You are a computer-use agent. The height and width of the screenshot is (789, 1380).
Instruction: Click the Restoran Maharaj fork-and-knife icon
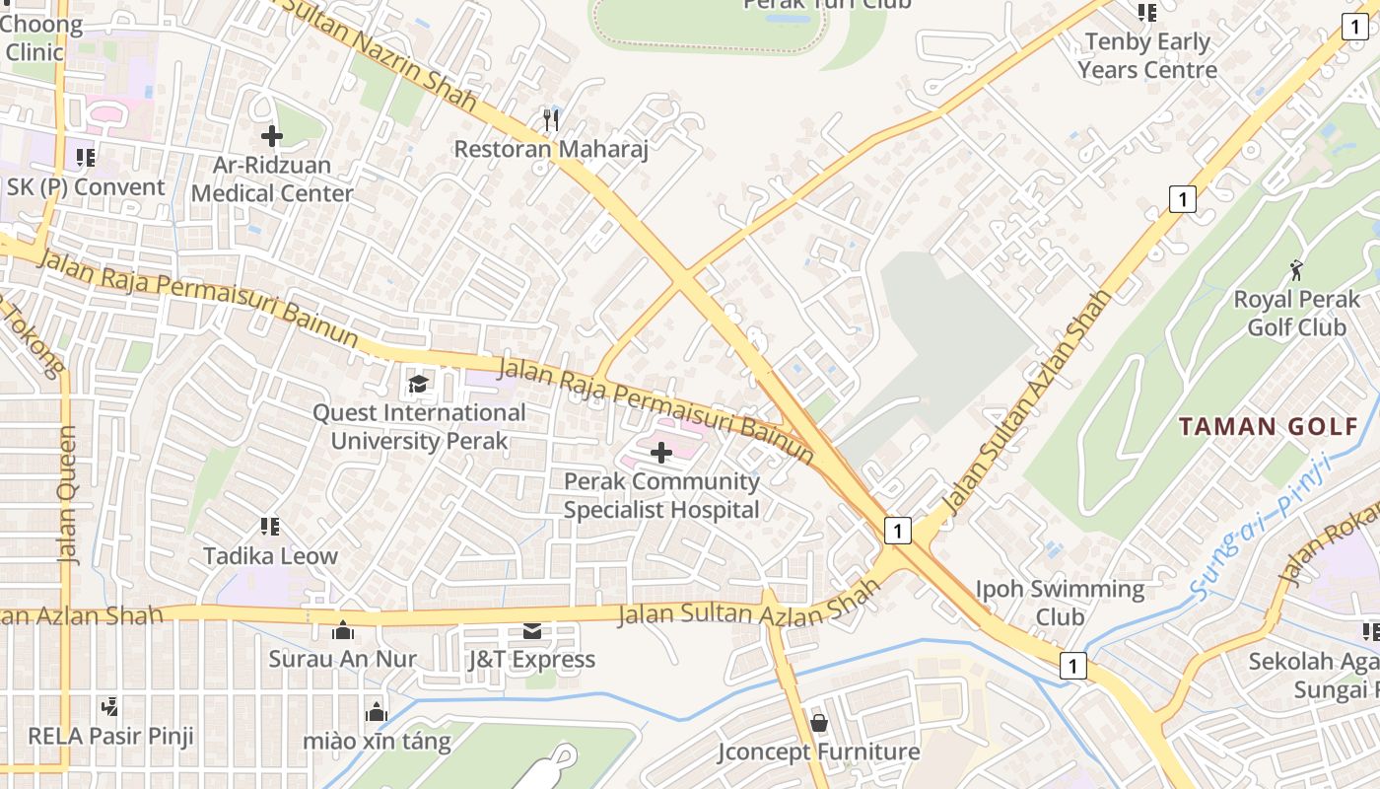click(551, 120)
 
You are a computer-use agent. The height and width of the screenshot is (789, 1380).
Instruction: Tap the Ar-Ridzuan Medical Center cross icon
click(272, 136)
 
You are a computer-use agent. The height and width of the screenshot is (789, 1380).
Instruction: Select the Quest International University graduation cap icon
click(419, 383)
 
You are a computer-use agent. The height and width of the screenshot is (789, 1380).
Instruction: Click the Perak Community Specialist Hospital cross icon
click(661, 453)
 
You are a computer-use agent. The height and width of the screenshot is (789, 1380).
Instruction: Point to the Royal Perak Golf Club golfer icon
click(1296, 269)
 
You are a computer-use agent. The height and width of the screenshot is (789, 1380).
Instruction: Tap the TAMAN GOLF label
click(1270, 427)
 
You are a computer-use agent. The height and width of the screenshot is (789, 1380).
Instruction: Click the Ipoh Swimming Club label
click(1060, 603)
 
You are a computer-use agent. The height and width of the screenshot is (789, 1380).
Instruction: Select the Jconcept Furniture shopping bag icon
click(818, 723)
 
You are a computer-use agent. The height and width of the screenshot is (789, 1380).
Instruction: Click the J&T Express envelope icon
click(532, 630)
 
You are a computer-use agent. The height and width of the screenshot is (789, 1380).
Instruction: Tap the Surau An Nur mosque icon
click(343, 629)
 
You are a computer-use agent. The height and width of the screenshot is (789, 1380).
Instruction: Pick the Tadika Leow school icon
click(270, 527)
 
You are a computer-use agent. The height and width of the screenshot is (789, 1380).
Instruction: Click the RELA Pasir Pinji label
click(110, 736)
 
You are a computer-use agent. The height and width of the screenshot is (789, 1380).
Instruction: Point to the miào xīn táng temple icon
click(376, 711)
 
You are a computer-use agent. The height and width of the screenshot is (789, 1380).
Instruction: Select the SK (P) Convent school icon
click(86, 157)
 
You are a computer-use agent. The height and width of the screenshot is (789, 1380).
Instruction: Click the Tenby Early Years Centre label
click(1147, 56)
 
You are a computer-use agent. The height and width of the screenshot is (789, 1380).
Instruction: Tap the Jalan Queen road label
click(67, 494)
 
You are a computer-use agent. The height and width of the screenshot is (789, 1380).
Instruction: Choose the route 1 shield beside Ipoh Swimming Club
click(1072, 666)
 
